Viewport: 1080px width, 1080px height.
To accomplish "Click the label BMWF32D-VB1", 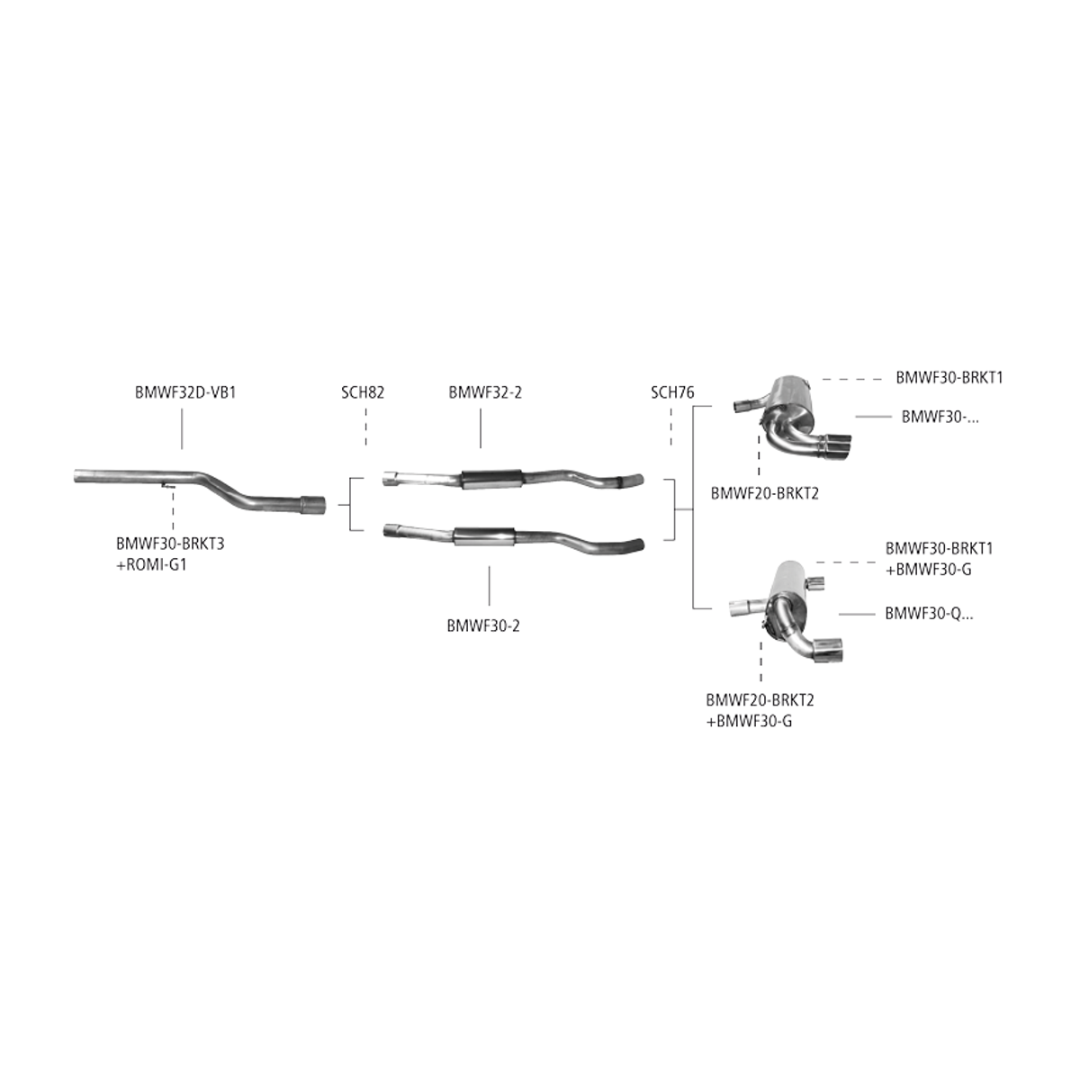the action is click(185, 392).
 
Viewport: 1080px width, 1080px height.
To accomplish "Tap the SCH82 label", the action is click(363, 392).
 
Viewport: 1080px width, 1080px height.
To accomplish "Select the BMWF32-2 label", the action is click(485, 392).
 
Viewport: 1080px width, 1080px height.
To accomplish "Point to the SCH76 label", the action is click(672, 392).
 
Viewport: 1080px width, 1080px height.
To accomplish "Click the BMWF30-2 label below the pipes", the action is click(483, 625).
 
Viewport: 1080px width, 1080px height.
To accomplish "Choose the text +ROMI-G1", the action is click(151, 564).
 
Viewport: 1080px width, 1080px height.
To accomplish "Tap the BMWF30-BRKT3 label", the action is click(170, 544).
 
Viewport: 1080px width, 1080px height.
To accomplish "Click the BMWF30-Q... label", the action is click(929, 614).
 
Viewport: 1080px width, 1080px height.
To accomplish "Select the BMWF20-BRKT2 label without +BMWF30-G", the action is click(764, 493).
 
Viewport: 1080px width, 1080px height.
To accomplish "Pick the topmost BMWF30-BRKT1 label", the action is click(949, 378).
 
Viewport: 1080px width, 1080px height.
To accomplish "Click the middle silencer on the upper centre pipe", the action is click(491, 479).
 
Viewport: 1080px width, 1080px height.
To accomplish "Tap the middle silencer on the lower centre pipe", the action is click(484, 536).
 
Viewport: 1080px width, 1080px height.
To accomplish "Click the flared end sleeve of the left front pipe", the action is click(312, 504).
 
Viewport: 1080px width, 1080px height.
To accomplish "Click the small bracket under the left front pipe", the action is click(167, 485).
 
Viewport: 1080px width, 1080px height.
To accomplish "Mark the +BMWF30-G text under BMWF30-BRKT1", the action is click(928, 570).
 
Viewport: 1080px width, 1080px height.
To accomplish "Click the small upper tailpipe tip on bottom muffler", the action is click(815, 583).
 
